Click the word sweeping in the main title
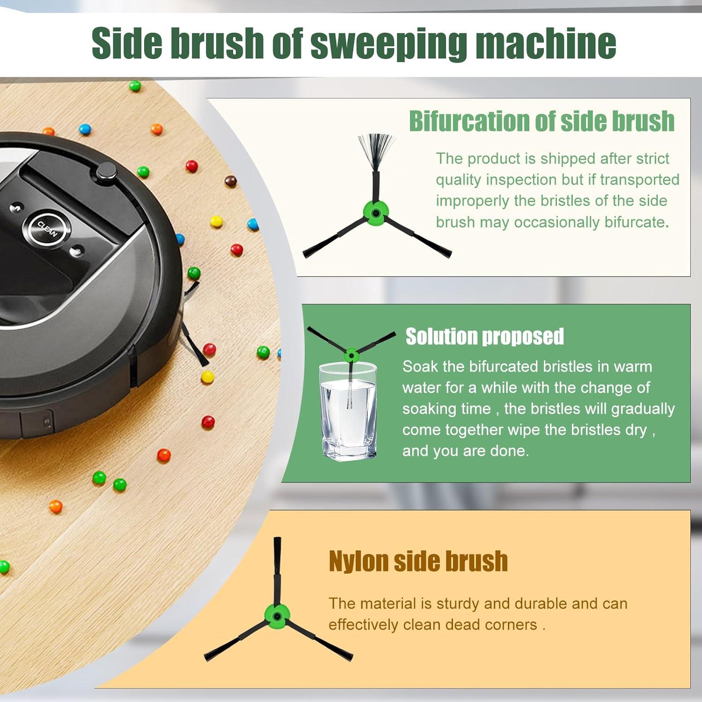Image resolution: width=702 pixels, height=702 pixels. (388, 44)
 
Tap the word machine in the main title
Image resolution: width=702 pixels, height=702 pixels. (545, 44)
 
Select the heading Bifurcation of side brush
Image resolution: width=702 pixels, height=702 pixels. (541, 121)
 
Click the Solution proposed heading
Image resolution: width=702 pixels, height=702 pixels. (484, 336)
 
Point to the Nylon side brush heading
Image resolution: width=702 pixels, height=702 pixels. (418, 561)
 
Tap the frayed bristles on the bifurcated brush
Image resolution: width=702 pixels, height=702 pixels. (376, 150)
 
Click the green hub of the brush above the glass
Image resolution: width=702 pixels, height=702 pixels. (351, 355)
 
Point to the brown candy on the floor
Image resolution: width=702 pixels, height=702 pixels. (230, 181)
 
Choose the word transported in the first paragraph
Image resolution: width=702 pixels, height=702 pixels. (639, 180)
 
